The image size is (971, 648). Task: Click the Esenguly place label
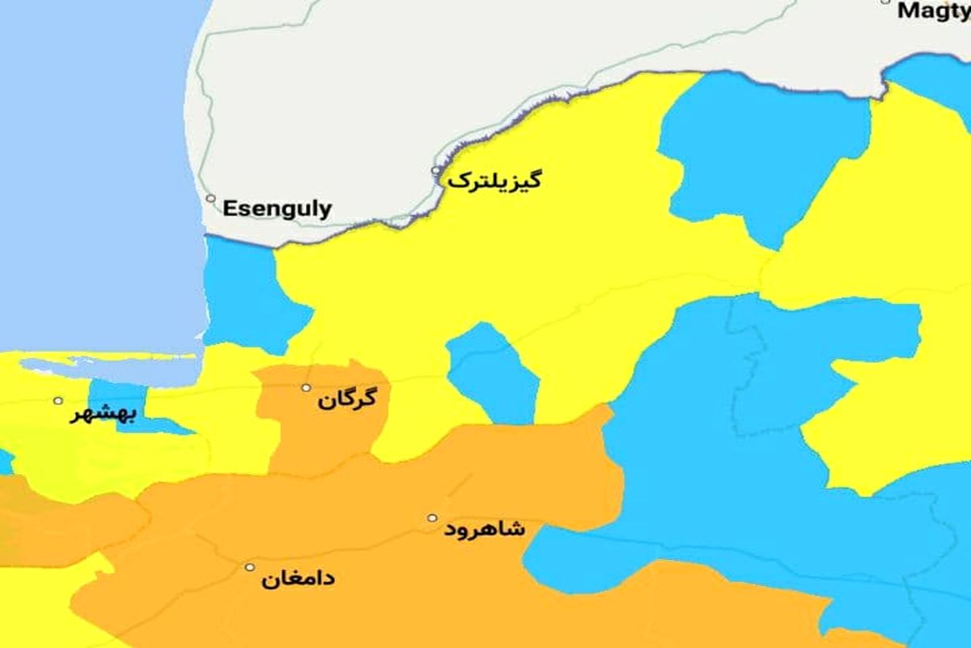[277, 209]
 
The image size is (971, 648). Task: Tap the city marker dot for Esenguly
[210, 198]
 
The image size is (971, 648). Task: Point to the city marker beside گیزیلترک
[436, 171]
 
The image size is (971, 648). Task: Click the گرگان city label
[348, 401]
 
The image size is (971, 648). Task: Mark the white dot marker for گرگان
[306, 388]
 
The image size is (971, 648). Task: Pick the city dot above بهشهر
[57, 400]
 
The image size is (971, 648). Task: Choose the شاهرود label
[485, 530]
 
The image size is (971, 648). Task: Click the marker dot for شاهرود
[432, 518]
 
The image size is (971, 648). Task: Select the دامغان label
[298, 580]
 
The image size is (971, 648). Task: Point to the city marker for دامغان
[250, 568]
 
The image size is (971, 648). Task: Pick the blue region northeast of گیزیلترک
[761, 154]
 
